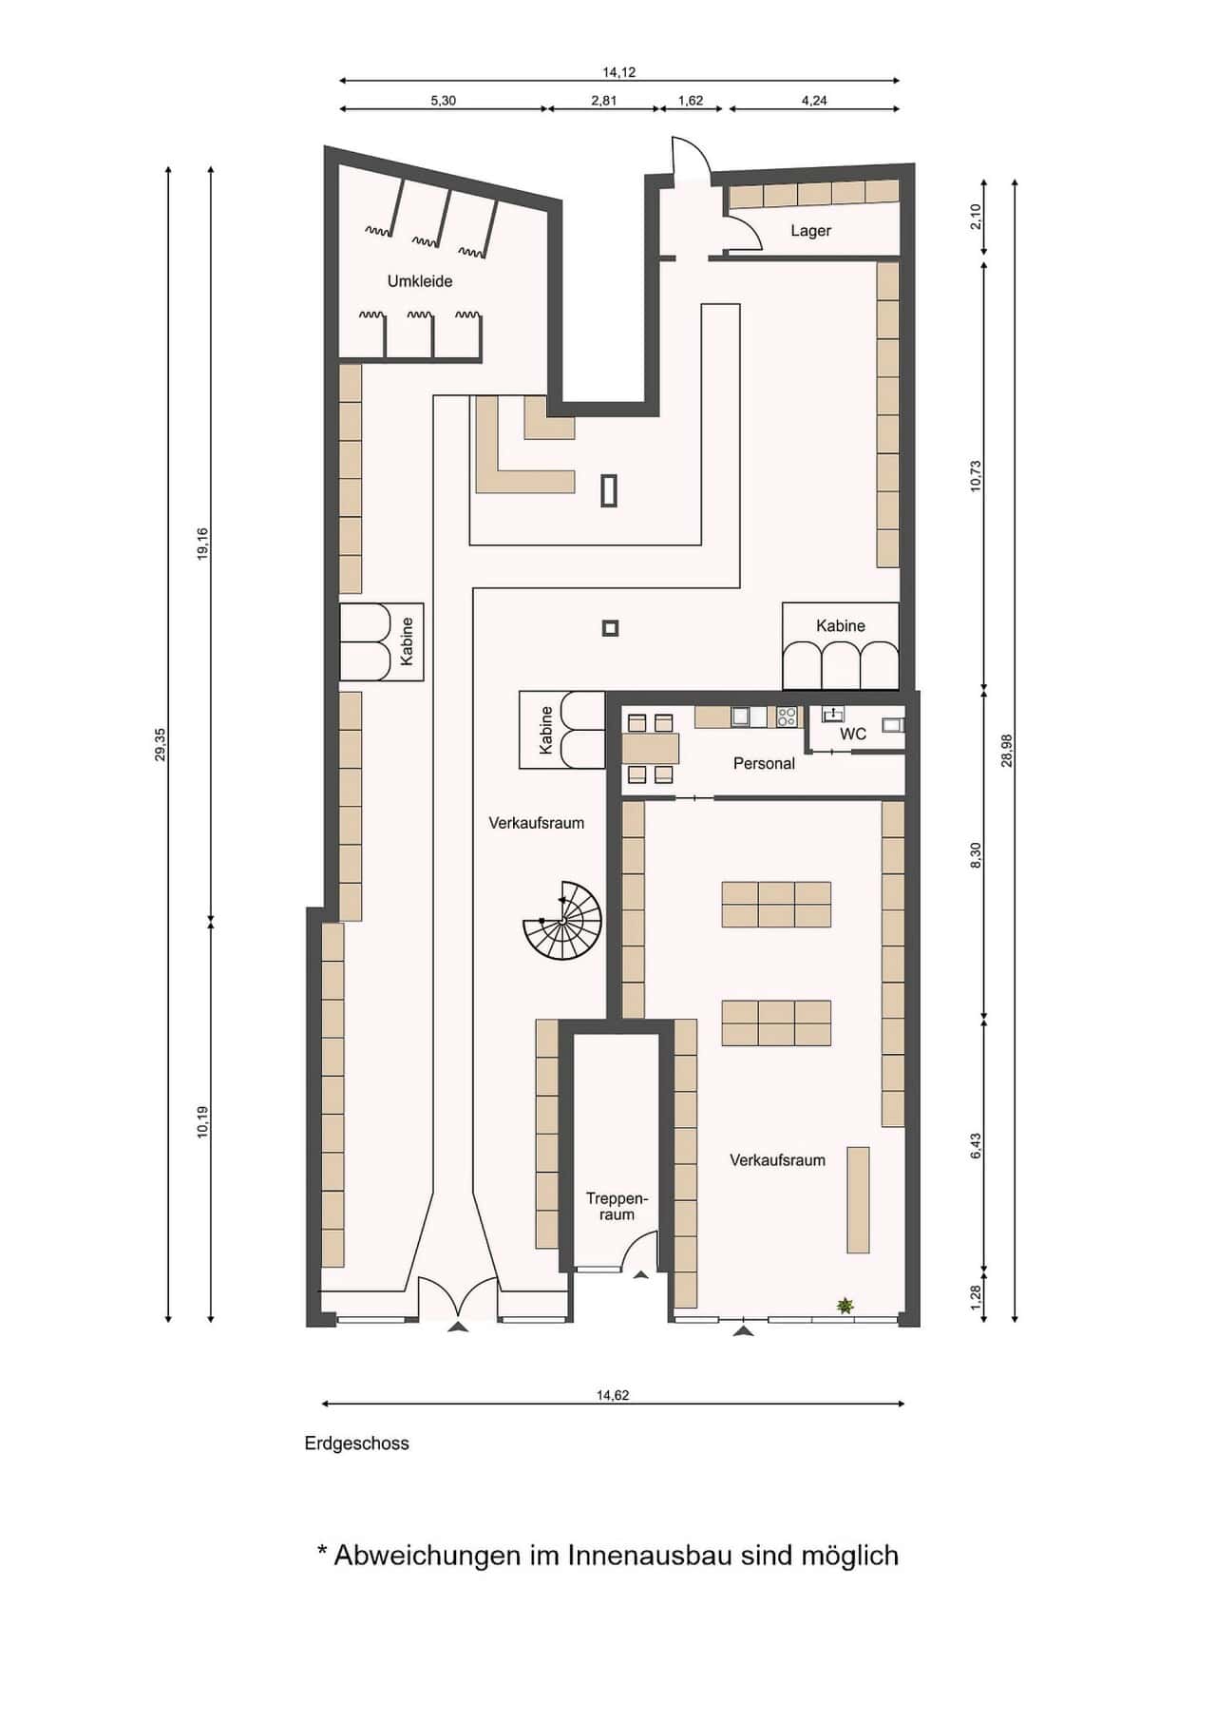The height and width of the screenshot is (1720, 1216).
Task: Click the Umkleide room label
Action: click(419, 281)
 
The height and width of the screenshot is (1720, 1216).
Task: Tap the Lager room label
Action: click(810, 231)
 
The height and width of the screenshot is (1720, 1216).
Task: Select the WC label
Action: click(853, 734)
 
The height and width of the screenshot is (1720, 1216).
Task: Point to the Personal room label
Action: click(764, 763)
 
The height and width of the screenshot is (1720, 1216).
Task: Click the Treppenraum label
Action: click(617, 1207)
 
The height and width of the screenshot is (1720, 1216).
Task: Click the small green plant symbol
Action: click(845, 1307)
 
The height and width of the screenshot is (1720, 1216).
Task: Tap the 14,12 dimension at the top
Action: click(618, 72)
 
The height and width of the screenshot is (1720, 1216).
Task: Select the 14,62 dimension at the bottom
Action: click(613, 1396)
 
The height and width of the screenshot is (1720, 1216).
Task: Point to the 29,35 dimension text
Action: click(161, 744)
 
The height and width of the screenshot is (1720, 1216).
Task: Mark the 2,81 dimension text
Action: click(604, 101)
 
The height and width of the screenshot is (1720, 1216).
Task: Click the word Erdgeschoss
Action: click(357, 1443)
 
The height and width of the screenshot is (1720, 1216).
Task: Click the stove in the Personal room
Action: click(787, 717)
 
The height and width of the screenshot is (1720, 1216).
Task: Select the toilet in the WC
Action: click(893, 725)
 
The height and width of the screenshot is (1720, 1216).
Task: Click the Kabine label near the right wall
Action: click(841, 626)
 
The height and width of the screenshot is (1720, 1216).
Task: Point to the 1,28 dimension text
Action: click(976, 1295)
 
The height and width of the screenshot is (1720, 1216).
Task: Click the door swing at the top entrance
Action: click(692, 158)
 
